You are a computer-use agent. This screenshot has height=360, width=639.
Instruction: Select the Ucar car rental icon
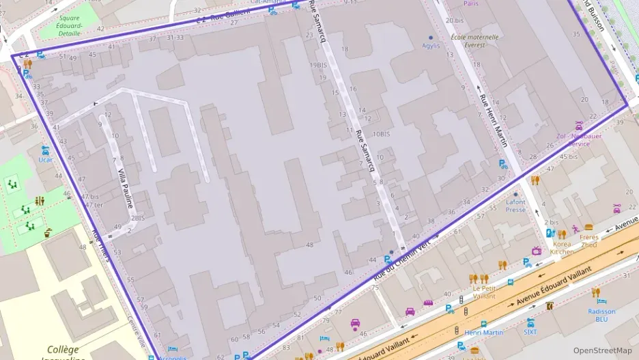tap(46, 150)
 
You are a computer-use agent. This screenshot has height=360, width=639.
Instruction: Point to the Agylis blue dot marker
tap(431, 37)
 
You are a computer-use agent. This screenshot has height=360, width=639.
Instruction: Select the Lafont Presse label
tap(515, 206)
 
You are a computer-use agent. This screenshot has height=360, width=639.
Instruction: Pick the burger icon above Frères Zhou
tap(589, 227)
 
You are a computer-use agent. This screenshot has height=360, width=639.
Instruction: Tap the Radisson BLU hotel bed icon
tap(601, 301)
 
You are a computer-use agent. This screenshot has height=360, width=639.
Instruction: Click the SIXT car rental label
tap(530, 332)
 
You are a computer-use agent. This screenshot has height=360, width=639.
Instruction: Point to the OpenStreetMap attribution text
tap(603, 350)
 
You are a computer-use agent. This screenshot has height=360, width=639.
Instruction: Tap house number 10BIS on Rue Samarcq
tap(381, 134)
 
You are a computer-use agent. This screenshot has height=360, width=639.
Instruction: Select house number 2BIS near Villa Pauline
tap(138, 219)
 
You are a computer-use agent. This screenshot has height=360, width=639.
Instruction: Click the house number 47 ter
tap(92, 205)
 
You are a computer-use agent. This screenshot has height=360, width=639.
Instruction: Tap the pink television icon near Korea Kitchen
tap(537, 251)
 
